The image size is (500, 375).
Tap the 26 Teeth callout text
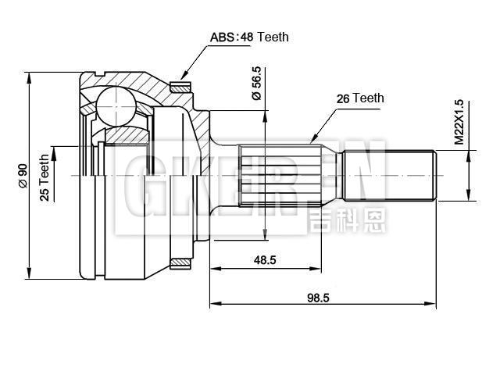(359, 98)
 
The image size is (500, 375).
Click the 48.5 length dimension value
(264, 260)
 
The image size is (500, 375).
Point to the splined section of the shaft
(277, 176)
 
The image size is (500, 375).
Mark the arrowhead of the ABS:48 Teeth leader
(181, 77)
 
